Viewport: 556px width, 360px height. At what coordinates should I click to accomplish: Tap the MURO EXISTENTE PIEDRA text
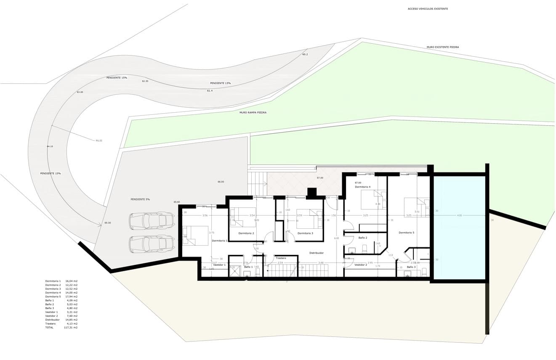[442, 47]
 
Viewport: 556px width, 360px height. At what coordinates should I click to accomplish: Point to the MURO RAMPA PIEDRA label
[253, 113]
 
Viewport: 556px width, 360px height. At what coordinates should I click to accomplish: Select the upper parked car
[152, 220]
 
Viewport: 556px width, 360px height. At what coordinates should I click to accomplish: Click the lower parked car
[152, 244]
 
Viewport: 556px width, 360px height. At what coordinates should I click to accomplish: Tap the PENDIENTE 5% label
[140, 199]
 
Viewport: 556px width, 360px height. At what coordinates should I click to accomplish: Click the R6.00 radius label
[99, 140]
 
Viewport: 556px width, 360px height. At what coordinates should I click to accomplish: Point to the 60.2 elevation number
[305, 54]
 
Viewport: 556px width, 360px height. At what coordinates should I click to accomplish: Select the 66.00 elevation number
[221, 182]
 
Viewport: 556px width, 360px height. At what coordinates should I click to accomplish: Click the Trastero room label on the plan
[281, 258]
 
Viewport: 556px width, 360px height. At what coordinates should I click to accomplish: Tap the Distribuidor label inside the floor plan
[317, 253]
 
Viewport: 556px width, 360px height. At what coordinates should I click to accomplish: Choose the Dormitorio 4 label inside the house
[362, 187]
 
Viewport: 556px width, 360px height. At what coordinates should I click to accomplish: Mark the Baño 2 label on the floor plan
[363, 238]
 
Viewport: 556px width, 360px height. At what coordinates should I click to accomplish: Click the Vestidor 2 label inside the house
[361, 265]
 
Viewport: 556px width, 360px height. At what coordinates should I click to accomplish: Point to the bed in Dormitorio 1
[195, 236]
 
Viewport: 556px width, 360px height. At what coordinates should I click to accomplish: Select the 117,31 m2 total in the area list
[71, 327]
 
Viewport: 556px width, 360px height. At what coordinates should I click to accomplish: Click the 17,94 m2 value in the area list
[72, 296]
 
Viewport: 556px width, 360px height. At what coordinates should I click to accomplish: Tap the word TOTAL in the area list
[49, 327]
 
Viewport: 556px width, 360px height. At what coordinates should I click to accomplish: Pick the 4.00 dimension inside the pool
[459, 215]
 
